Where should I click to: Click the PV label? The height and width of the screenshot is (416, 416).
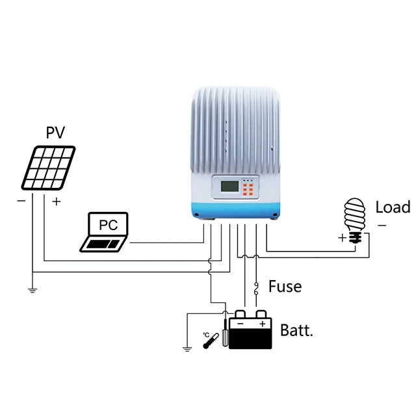56,133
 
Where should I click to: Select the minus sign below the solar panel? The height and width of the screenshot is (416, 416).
21,201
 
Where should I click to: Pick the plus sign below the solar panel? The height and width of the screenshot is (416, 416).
56,201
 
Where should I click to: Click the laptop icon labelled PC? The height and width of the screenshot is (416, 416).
105,232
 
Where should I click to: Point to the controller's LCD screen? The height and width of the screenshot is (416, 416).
229,187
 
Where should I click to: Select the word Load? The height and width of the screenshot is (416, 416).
393,207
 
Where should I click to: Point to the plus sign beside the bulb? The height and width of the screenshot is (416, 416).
342,238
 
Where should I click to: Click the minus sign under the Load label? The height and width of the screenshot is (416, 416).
382,226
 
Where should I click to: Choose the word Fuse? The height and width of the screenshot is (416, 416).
285,286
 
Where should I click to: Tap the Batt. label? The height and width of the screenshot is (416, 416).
296,330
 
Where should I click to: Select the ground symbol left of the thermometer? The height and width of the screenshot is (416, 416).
187,349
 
